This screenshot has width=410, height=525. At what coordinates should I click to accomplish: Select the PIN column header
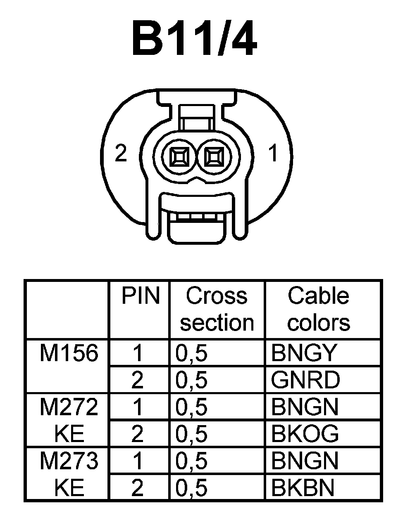pos(140,296)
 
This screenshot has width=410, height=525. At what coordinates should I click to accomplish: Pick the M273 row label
pos(69,461)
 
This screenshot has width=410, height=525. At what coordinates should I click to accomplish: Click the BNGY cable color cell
pos(305,353)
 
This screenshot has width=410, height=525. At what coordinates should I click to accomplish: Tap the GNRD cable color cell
pos(305,380)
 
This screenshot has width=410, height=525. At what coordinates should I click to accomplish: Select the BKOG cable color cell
pos(305,434)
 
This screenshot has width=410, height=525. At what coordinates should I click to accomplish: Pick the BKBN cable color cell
pos(303,488)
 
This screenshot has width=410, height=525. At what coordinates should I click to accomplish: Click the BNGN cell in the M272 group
pos(305,407)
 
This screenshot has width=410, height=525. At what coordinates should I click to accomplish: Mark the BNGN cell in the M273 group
pos(305,461)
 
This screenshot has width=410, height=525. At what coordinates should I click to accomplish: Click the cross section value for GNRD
pos(191,380)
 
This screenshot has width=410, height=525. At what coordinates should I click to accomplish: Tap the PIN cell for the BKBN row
pos(137,488)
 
